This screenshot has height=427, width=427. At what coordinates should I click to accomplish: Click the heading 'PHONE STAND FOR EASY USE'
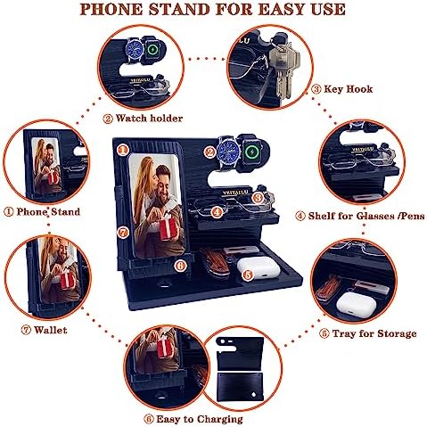213,9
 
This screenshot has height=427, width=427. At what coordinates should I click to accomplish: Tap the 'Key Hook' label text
348,89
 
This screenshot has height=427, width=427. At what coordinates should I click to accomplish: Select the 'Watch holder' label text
149,119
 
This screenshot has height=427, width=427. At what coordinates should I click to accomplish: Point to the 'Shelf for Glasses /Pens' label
366,216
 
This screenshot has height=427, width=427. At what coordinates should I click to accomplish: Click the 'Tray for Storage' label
374,333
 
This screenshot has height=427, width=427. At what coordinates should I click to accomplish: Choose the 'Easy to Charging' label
200,419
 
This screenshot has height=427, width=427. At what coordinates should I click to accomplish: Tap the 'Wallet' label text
50,330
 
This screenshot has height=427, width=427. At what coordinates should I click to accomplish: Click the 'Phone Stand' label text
48,211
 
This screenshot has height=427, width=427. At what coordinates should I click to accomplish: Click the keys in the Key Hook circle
283,69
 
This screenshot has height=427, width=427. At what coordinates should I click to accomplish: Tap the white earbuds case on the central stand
259,267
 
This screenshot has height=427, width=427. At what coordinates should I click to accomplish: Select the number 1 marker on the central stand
122,150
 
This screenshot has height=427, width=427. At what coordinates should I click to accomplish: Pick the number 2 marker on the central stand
209,152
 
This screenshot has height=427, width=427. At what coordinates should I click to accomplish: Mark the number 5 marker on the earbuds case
247,275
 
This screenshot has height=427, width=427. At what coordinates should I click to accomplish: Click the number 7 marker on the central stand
123,232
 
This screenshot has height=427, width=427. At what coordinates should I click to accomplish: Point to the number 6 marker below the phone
180,265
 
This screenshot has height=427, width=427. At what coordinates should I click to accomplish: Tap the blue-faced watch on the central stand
230,152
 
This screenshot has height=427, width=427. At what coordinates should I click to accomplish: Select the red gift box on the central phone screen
169,228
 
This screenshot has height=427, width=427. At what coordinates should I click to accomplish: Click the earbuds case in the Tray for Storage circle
356,304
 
